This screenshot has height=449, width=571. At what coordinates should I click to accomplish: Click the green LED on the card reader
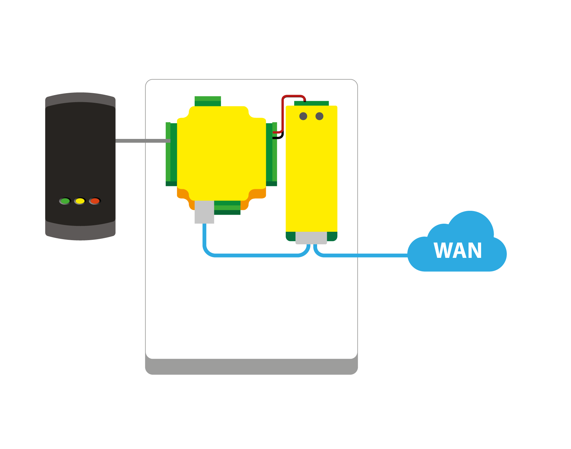click(65, 201)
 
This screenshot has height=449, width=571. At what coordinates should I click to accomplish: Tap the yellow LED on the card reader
click(80, 201)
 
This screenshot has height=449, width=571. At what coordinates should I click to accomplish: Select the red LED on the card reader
click(95, 201)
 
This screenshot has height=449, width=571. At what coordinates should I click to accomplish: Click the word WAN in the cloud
click(458, 251)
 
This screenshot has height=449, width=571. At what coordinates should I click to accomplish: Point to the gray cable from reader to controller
click(142, 141)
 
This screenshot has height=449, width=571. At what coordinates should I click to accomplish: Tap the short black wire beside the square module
click(280, 137)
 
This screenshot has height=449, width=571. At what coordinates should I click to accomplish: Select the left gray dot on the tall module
click(303, 116)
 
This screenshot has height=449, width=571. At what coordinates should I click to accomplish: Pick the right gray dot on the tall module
click(319, 116)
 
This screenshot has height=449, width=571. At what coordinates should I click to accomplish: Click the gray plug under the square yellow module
click(204, 212)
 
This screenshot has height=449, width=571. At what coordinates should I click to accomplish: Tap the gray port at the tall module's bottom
click(311, 238)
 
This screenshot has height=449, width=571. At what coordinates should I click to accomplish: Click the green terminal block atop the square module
click(208, 101)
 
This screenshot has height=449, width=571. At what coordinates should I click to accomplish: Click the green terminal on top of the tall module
click(312, 103)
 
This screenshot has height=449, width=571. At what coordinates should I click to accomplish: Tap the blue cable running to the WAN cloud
click(364, 255)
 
